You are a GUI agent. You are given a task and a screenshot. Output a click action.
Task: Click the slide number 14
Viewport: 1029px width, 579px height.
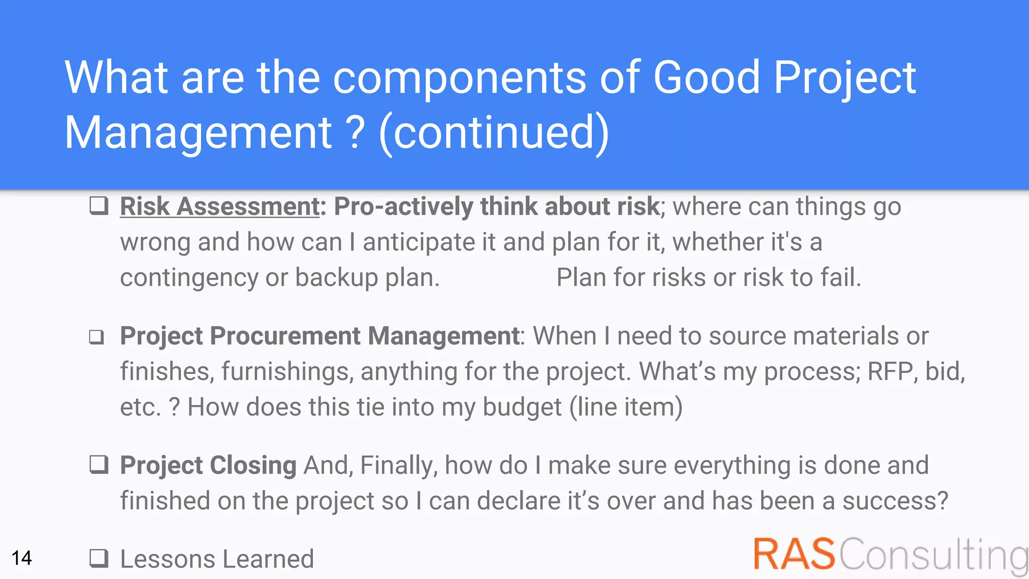click(x=22, y=558)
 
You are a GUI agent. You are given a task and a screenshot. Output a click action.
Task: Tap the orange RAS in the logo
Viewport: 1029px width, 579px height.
click(x=794, y=554)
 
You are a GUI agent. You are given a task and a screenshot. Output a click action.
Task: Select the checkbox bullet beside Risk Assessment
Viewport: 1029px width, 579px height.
click(x=99, y=206)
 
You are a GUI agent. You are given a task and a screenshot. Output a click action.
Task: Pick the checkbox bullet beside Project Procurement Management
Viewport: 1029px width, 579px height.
click(x=96, y=337)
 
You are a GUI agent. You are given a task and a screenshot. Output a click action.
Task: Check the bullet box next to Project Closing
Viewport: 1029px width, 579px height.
click(x=99, y=465)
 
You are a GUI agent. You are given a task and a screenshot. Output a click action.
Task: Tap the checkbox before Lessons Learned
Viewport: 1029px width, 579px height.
click(x=99, y=558)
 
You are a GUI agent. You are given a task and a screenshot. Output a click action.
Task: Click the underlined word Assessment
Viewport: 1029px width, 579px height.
click(x=248, y=207)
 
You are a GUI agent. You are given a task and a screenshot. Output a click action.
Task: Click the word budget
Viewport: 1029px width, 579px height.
click(x=522, y=407)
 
